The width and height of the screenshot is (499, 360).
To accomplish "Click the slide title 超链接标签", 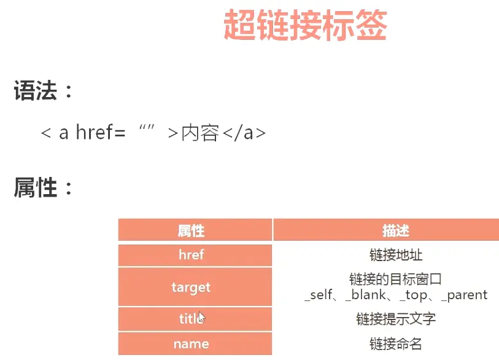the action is [305, 25].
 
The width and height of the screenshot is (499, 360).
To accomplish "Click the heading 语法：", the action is [44, 90].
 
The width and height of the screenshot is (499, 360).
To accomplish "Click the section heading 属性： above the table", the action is [44, 187].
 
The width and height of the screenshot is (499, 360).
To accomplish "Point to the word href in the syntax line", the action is [95, 132].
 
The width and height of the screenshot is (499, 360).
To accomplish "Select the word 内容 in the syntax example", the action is [200, 133].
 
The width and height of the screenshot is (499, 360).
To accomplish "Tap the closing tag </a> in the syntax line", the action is [244, 133].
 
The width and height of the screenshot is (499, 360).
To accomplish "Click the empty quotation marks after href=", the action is [147, 127].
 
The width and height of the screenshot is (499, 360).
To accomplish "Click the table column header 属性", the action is [191, 230].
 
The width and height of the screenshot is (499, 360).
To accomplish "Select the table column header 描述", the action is [395, 230].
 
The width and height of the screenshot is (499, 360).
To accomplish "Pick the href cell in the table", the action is [195, 255].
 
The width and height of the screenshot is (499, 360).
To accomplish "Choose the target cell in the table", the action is [195, 287].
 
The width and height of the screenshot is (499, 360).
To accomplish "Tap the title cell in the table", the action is [195, 319].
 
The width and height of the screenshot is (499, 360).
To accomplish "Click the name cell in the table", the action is [195, 344].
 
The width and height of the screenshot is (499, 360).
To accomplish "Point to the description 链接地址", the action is [395, 255].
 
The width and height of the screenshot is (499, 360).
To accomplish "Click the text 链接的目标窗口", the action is [395, 279].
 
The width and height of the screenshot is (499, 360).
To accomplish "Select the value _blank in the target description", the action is [365, 295].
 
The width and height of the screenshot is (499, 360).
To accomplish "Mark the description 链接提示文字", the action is [395, 319].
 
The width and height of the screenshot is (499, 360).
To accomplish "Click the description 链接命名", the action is [395, 344].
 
